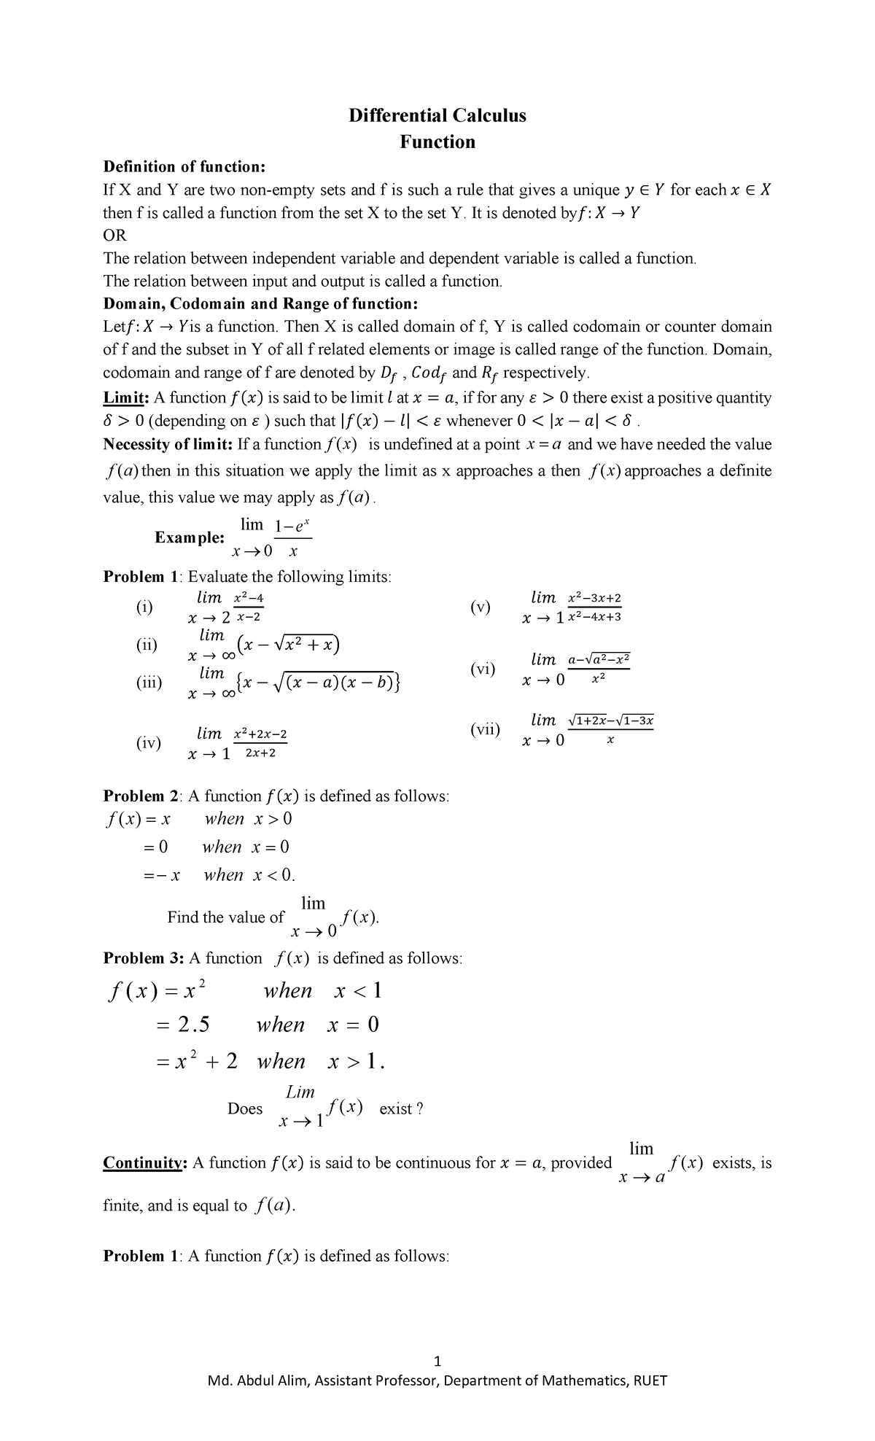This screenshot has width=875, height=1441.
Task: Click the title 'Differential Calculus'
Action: [437, 115]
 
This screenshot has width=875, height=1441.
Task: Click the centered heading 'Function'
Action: [437, 141]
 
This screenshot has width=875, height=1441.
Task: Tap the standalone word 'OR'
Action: [115, 236]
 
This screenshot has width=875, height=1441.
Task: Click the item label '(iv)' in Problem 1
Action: [148, 742]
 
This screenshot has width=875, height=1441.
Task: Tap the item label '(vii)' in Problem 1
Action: [485, 729]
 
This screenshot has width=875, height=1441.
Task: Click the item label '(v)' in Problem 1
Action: [481, 607]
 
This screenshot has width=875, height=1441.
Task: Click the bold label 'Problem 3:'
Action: [144, 958]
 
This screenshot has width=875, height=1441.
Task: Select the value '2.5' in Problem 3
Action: [194, 1025]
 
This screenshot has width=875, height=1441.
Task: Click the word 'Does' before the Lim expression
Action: [245, 1108]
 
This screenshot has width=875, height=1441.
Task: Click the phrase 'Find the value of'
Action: [225, 917]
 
